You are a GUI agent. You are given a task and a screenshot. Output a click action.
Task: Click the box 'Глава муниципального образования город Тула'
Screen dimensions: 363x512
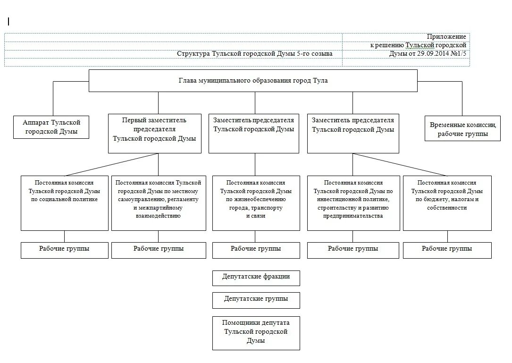[253, 81]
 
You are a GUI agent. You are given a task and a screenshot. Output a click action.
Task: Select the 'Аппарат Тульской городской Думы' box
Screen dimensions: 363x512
[52, 127]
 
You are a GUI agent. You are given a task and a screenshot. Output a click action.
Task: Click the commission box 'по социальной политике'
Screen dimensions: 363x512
[64, 203]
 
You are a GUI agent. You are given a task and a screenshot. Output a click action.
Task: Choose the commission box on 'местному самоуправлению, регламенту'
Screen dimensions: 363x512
[159, 203]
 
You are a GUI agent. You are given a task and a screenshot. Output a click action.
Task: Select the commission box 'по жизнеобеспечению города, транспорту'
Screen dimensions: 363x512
[256, 203]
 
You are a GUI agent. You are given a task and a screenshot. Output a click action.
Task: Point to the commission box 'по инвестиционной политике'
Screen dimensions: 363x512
[353, 203]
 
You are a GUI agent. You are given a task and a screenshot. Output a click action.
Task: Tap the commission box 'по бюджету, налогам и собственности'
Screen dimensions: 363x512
[447, 203]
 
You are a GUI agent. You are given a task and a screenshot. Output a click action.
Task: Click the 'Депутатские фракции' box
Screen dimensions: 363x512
[256, 278]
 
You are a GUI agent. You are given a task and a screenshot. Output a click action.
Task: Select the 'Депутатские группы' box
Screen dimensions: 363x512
[256, 299]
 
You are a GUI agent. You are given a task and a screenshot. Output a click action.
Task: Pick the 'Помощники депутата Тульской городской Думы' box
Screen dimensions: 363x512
[256, 332]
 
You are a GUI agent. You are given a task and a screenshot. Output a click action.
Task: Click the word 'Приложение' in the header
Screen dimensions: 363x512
[446, 37]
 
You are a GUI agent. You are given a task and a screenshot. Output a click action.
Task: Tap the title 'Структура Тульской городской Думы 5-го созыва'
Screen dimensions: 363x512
[255, 54]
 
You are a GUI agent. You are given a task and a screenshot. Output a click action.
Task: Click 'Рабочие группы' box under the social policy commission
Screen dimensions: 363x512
[64, 250]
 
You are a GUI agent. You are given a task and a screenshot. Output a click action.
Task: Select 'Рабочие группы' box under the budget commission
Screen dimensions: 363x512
[447, 250]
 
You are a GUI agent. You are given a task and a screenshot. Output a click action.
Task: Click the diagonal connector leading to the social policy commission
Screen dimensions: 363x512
[111, 164]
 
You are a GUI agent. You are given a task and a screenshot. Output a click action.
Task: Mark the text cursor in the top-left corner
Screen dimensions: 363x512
[8, 21]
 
